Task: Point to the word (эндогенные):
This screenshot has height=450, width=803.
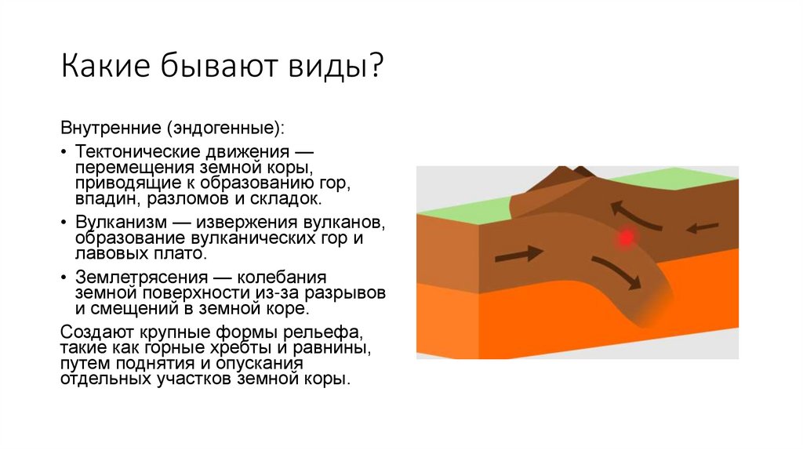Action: [223, 126]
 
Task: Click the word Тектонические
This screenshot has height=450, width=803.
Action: [133, 151]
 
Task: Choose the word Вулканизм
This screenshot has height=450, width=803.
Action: [115, 223]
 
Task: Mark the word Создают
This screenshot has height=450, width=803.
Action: [94, 331]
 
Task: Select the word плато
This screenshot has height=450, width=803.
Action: [185, 253]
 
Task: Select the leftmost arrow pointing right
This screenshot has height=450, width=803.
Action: [520, 253]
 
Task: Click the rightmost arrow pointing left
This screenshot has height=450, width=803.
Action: [703, 228]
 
